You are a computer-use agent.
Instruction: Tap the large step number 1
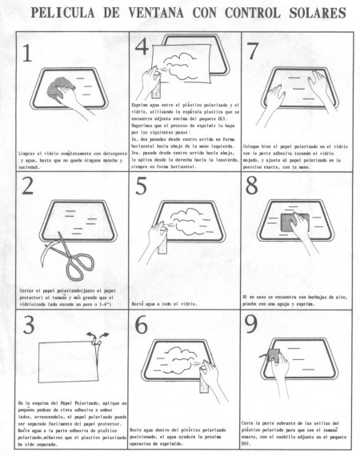coord(29,54)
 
